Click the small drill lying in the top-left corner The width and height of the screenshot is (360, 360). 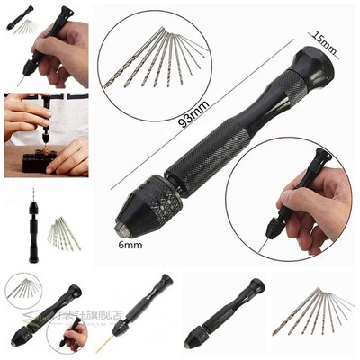(x=22, y=27)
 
